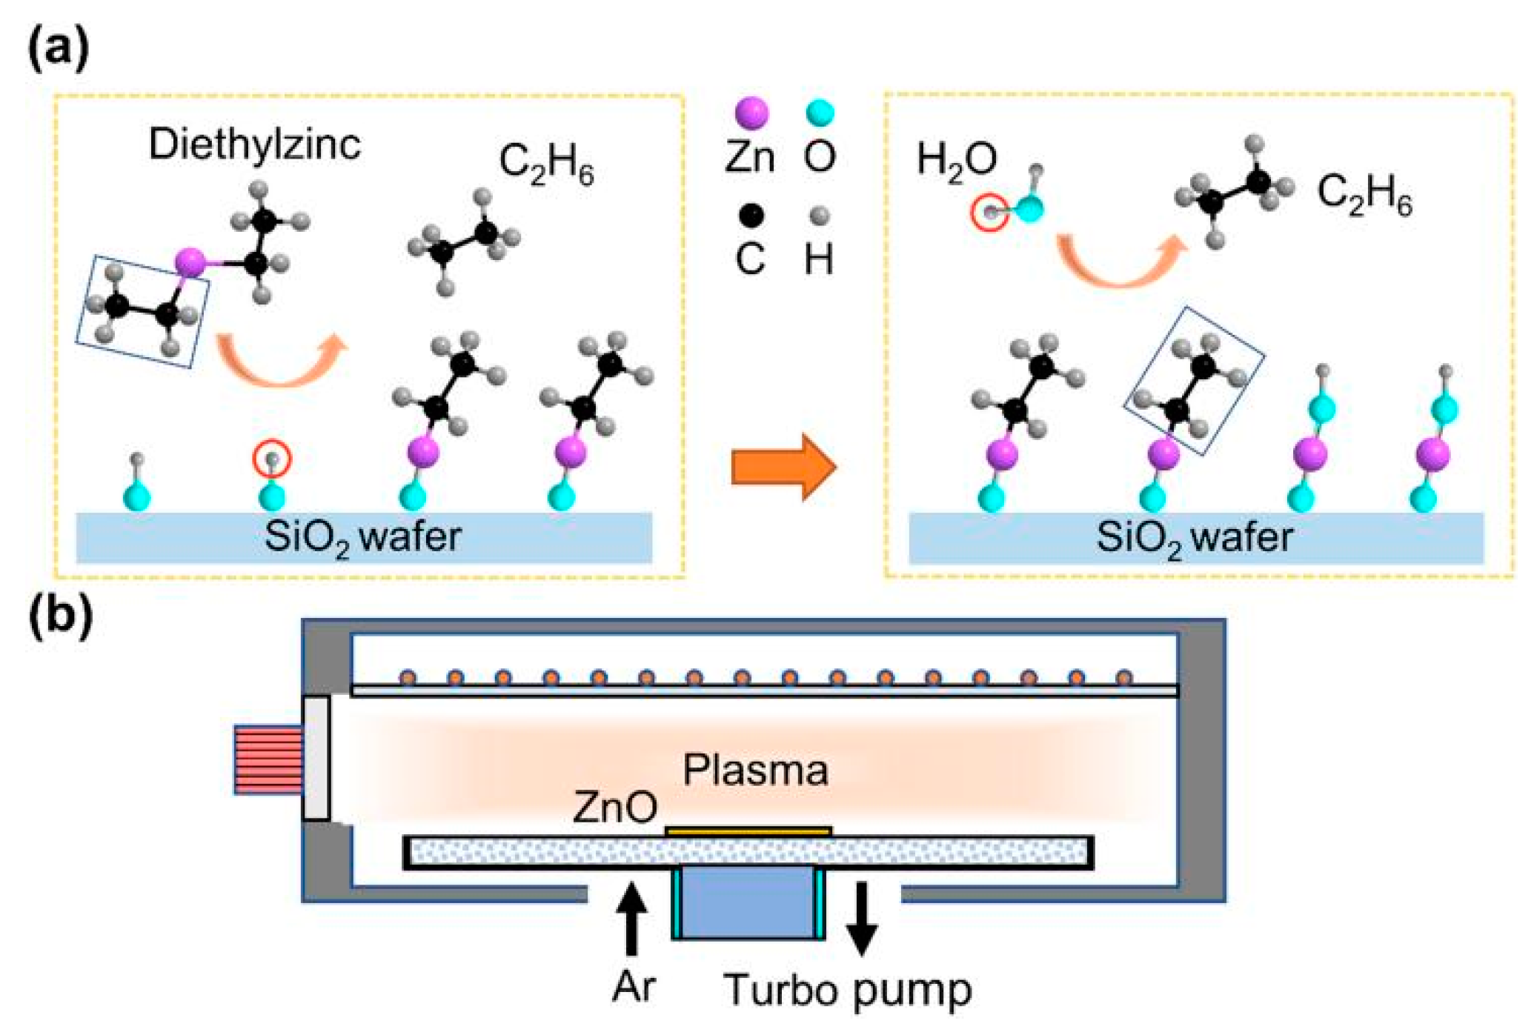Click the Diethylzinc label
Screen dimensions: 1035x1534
click(x=254, y=144)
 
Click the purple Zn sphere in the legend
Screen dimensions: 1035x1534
click(x=751, y=113)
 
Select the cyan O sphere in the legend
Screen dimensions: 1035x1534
click(x=820, y=113)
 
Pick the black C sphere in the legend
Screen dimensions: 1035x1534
click(x=751, y=216)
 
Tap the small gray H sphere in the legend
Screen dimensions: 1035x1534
click(x=819, y=216)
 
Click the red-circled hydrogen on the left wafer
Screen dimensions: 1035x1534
click(x=272, y=459)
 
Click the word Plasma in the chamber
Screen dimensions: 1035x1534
click(x=755, y=771)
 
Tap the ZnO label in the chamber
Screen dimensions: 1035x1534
click(x=614, y=807)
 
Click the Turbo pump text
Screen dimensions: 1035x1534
click(x=847, y=991)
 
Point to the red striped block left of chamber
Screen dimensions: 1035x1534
click(x=268, y=760)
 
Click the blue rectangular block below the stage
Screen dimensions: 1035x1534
click(x=748, y=902)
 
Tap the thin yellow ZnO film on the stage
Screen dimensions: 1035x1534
click(x=748, y=832)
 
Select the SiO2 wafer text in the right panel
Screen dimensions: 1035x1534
click(x=1194, y=537)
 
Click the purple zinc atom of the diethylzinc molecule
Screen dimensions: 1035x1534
click(x=190, y=262)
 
